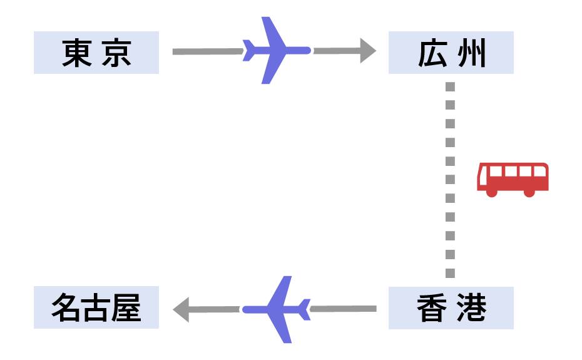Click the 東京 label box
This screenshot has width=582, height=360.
96,53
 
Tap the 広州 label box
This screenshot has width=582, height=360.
451,53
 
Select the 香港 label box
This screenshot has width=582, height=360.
451,308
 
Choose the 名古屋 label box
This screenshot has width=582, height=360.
96,308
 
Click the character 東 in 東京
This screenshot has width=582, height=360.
77,53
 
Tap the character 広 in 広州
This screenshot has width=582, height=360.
432,53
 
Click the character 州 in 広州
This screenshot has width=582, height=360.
471,53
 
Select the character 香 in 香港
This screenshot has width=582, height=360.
432,308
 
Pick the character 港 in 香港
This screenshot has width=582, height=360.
471,308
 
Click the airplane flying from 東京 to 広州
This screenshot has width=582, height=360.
274,50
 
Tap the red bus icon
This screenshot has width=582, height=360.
513,179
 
